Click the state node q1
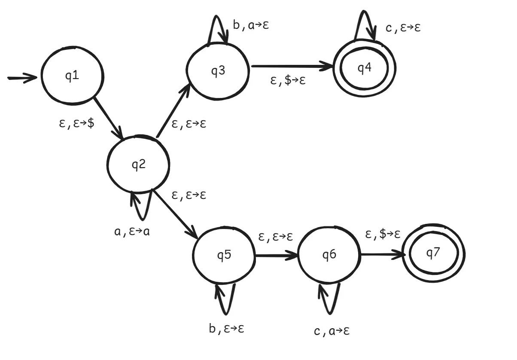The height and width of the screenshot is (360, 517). [x=72, y=76]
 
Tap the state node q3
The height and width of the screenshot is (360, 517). [x=218, y=71]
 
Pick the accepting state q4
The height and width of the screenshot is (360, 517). [x=364, y=68]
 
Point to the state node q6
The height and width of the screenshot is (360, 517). [x=329, y=255]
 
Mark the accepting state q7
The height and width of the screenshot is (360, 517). [x=433, y=254]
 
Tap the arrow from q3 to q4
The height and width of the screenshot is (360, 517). [x=292, y=67]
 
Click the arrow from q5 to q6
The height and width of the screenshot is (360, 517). [x=276, y=256]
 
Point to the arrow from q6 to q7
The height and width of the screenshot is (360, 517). [x=382, y=254]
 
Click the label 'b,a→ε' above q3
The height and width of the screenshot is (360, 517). [x=251, y=25]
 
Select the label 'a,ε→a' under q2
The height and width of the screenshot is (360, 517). [x=132, y=232]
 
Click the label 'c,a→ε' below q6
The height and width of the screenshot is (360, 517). [x=332, y=331]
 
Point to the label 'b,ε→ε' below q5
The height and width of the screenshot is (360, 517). [x=227, y=329]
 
